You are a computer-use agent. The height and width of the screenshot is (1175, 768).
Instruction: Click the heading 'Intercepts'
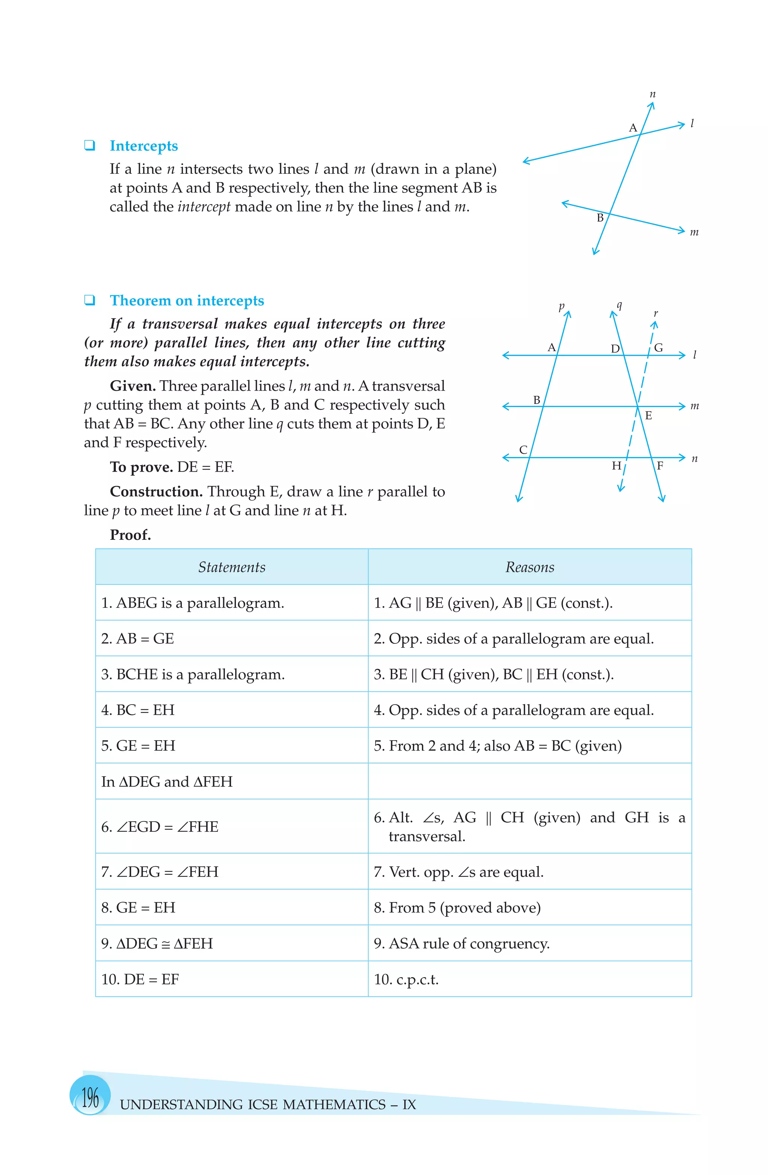point(144,146)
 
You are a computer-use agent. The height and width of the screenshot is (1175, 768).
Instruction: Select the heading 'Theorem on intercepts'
point(187,301)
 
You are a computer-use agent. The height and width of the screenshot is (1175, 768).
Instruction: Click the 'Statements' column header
point(231,567)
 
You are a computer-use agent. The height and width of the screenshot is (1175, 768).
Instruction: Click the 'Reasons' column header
point(529,567)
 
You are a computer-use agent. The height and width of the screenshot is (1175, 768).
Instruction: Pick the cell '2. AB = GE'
point(137,639)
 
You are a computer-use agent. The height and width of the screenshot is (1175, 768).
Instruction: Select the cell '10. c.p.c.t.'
point(406,979)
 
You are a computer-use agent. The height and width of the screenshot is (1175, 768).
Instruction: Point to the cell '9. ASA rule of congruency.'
point(462,944)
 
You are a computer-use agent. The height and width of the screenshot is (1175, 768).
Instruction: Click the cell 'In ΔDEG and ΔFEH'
point(167,781)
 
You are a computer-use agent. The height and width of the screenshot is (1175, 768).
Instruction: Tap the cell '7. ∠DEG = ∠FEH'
point(159,872)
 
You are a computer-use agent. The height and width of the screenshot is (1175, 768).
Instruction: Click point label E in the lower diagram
point(648,416)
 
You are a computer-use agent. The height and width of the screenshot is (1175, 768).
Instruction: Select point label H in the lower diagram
point(616,466)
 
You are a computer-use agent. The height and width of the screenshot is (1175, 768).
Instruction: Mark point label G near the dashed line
point(658,348)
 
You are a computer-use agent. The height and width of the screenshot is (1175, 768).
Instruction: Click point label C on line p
point(523,450)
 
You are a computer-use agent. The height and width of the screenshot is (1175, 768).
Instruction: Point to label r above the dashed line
point(655,314)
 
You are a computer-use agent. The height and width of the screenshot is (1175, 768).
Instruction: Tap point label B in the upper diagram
point(600,218)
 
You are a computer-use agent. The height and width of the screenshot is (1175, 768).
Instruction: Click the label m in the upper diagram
point(694,232)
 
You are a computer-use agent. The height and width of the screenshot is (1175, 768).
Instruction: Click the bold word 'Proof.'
point(130,535)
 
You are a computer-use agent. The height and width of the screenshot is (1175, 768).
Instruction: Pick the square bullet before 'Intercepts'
point(89,145)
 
